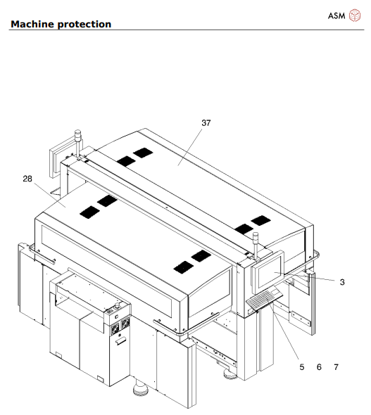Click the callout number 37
coord(206,122)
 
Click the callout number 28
coord(27,179)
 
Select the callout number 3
coord(341,282)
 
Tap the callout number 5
coord(302,367)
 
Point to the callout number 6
coord(319,367)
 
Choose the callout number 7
coord(336,367)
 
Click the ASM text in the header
coord(337,16)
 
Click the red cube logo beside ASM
coord(354,15)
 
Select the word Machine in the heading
coord(34,24)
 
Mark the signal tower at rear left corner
coord(77,136)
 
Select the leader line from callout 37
coord(191,146)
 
